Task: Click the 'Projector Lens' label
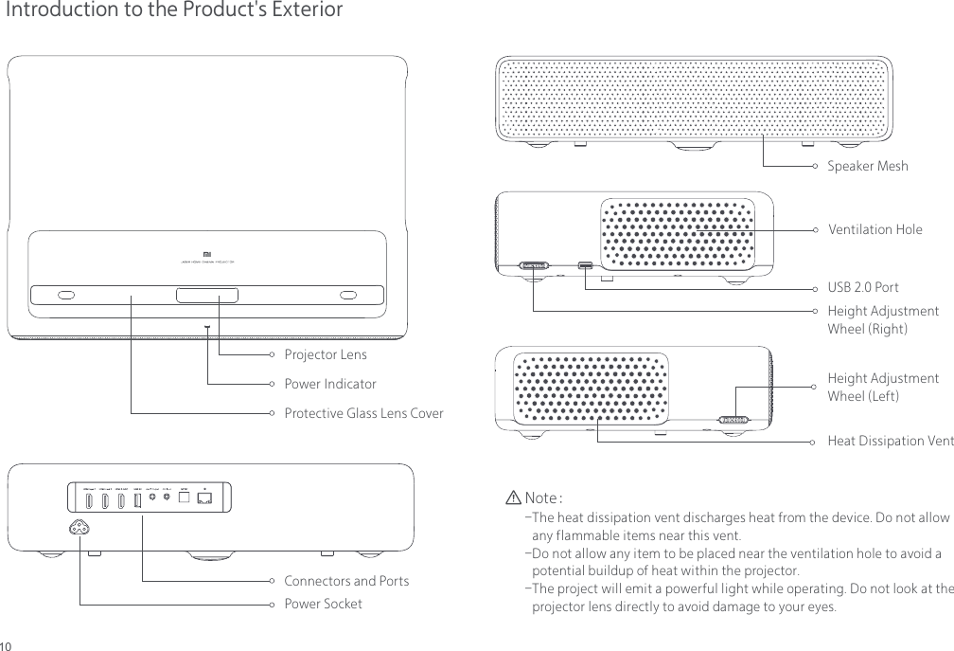tap(325, 355)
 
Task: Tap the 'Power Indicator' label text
tap(329, 385)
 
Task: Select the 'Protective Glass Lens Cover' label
tap(363, 414)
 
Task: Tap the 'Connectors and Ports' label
tap(346, 581)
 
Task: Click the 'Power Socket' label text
tap(323, 604)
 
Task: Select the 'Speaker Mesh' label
tap(867, 167)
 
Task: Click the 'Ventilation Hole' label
tap(874, 230)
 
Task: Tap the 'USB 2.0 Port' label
tap(862, 287)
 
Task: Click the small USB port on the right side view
tap(587, 265)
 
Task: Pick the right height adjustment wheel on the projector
tap(535, 266)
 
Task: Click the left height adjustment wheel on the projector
tap(733, 419)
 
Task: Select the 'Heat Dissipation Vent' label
tap(890, 442)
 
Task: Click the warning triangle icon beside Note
tap(513, 498)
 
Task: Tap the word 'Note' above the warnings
tap(539, 498)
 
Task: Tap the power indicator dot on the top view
tap(207, 327)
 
